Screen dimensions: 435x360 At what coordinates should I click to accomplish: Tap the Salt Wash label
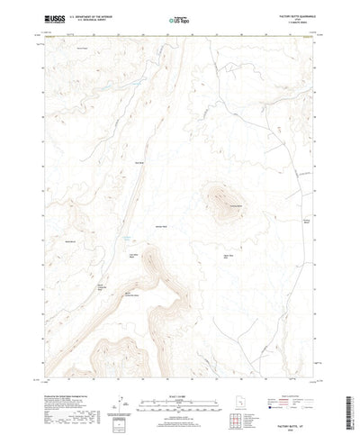click(x=138, y=162)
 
